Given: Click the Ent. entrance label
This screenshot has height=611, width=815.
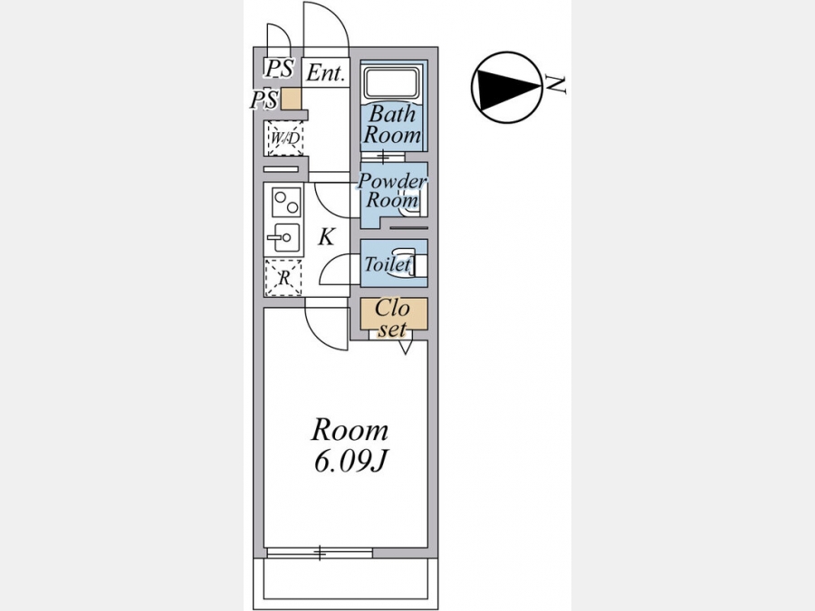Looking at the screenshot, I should click(x=326, y=73).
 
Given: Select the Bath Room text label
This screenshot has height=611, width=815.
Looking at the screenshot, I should click(x=392, y=125).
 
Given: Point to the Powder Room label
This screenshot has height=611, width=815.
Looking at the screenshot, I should click(x=392, y=189).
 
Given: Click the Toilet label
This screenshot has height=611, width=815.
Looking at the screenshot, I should click(x=388, y=265).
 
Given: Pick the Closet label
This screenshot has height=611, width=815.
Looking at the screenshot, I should click(x=392, y=318).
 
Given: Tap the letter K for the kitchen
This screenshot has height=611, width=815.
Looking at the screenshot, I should click(x=327, y=237).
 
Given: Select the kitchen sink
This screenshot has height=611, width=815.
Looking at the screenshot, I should click(x=283, y=238).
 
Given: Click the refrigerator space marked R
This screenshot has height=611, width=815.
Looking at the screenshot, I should click(x=283, y=279).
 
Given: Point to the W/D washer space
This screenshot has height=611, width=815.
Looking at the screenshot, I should click(x=284, y=138).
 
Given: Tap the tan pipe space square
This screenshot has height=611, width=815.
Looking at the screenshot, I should click(x=291, y=100).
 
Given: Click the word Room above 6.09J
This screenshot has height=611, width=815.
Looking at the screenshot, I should click(x=350, y=429).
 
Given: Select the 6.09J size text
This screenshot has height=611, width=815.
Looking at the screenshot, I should click(x=350, y=461).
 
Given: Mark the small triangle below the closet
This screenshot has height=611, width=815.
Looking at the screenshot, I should click(x=405, y=346).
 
